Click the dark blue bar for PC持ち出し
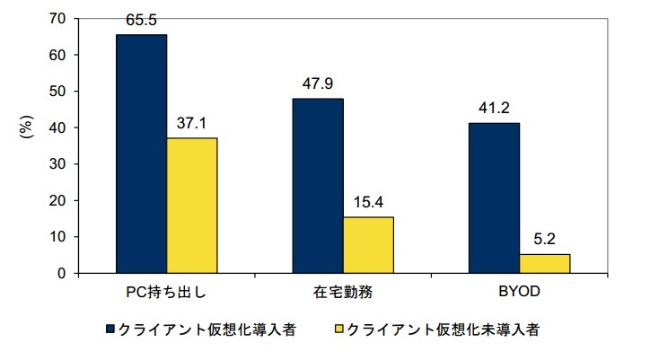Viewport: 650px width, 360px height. (x=141, y=154)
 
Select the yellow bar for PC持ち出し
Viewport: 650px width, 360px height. (x=191, y=206)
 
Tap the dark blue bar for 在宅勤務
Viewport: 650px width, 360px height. (x=317, y=186)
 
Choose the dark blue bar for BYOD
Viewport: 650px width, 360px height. (x=494, y=198)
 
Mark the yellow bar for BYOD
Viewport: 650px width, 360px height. (x=544, y=263)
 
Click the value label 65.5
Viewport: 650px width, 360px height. (x=141, y=18)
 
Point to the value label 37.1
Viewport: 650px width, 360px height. (x=191, y=122)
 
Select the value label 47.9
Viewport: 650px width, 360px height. (x=317, y=83)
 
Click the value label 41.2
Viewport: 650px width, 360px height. (x=494, y=107)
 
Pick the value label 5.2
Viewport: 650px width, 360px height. (x=544, y=239)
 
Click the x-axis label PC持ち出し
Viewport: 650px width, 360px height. (x=168, y=294)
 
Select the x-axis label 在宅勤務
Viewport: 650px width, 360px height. (x=343, y=294)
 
